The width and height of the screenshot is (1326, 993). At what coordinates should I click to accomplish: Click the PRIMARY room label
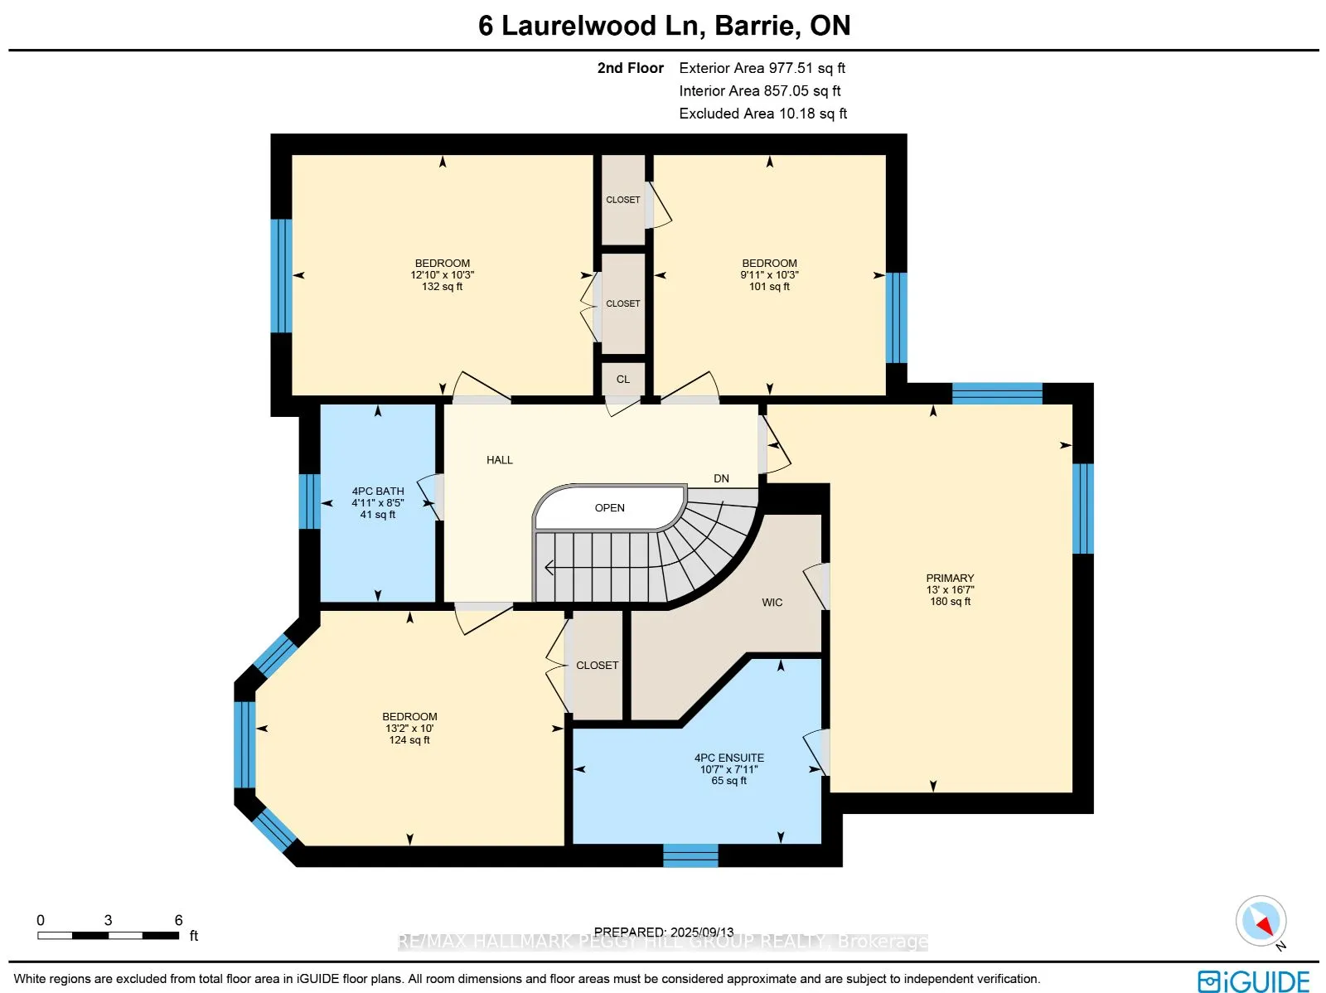click(x=950, y=578)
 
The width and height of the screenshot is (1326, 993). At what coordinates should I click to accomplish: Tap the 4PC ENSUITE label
click(x=729, y=758)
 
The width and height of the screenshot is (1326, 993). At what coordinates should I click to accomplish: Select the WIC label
click(x=772, y=603)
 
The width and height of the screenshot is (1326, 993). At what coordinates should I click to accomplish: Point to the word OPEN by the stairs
click(x=609, y=508)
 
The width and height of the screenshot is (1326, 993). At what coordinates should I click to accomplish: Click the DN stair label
click(x=721, y=478)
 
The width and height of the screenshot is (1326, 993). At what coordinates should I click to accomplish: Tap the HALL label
click(x=500, y=460)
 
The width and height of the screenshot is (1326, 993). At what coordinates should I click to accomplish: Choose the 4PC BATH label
click(x=378, y=491)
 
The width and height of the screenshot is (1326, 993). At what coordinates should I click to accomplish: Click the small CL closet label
click(x=623, y=380)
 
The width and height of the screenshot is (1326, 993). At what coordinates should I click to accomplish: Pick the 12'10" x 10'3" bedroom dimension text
click(x=443, y=275)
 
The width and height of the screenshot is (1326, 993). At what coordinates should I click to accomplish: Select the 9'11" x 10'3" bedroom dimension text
click(x=770, y=275)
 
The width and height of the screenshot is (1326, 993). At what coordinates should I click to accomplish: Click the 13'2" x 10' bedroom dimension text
click(x=409, y=728)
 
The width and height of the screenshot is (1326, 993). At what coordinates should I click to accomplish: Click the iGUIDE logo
click(x=1254, y=981)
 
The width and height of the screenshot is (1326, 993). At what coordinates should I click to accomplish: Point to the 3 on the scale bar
click(x=108, y=920)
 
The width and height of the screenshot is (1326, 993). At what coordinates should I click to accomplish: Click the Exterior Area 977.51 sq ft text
click(x=762, y=68)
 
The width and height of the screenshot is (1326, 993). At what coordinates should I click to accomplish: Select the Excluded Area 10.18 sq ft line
click(x=763, y=114)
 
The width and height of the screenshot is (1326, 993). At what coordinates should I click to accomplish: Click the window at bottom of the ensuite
click(x=690, y=855)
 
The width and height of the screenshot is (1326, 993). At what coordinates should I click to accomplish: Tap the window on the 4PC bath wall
click(x=309, y=501)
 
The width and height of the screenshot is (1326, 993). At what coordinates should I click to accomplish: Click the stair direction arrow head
click(x=549, y=568)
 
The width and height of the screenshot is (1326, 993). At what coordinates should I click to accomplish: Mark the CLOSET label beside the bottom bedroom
click(x=597, y=665)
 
